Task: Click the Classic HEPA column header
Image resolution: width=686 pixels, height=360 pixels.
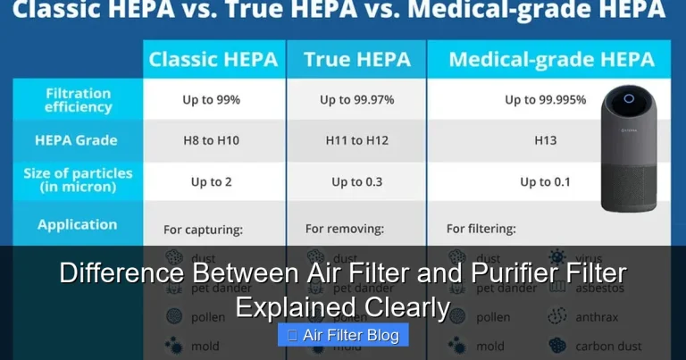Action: tap(213, 60)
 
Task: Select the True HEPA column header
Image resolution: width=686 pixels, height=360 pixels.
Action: tap(356, 60)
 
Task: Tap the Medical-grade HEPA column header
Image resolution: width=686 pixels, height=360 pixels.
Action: tap(551, 60)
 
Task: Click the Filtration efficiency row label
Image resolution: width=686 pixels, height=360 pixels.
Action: tap(78, 99)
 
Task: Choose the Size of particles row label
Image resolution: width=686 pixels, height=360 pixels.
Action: tap(78, 180)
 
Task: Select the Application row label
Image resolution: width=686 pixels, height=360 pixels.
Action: tap(77, 225)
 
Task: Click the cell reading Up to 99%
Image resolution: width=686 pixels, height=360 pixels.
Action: tap(211, 100)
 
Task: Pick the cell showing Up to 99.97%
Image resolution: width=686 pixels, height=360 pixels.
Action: tap(357, 100)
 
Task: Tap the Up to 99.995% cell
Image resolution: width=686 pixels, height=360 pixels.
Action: tap(545, 100)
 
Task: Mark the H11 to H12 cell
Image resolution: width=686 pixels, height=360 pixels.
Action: tap(356, 140)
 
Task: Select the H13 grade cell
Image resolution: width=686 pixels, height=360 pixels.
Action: tap(545, 140)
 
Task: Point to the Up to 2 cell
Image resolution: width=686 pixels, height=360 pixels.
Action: tap(211, 181)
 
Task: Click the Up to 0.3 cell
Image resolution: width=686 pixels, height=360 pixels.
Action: tap(356, 181)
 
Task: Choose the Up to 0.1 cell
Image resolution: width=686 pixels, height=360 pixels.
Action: tap(545, 181)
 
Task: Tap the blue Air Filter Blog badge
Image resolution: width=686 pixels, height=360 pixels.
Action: tap(343, 335)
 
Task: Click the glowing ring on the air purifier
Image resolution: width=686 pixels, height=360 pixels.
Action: tap(629, 98)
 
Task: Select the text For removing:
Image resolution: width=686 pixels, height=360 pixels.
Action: tap(345, 229)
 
